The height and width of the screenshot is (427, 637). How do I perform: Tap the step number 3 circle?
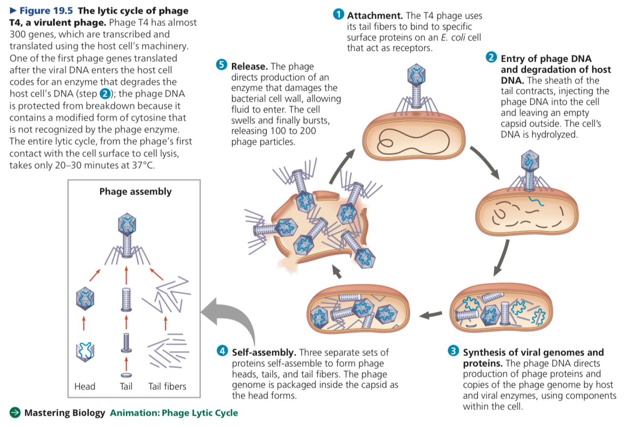[x=454, y=352]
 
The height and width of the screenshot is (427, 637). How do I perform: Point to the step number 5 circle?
[x=222, y=65]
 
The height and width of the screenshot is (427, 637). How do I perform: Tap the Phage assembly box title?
[x=135, y=192]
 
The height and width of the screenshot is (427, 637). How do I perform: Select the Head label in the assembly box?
[x=85, y=386]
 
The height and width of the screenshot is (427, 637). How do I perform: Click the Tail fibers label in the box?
[x=167, y=386]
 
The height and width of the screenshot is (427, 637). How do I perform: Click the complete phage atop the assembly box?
[x=127, y=239]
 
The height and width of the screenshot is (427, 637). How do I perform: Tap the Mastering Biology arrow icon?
[x=15, y=413]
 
